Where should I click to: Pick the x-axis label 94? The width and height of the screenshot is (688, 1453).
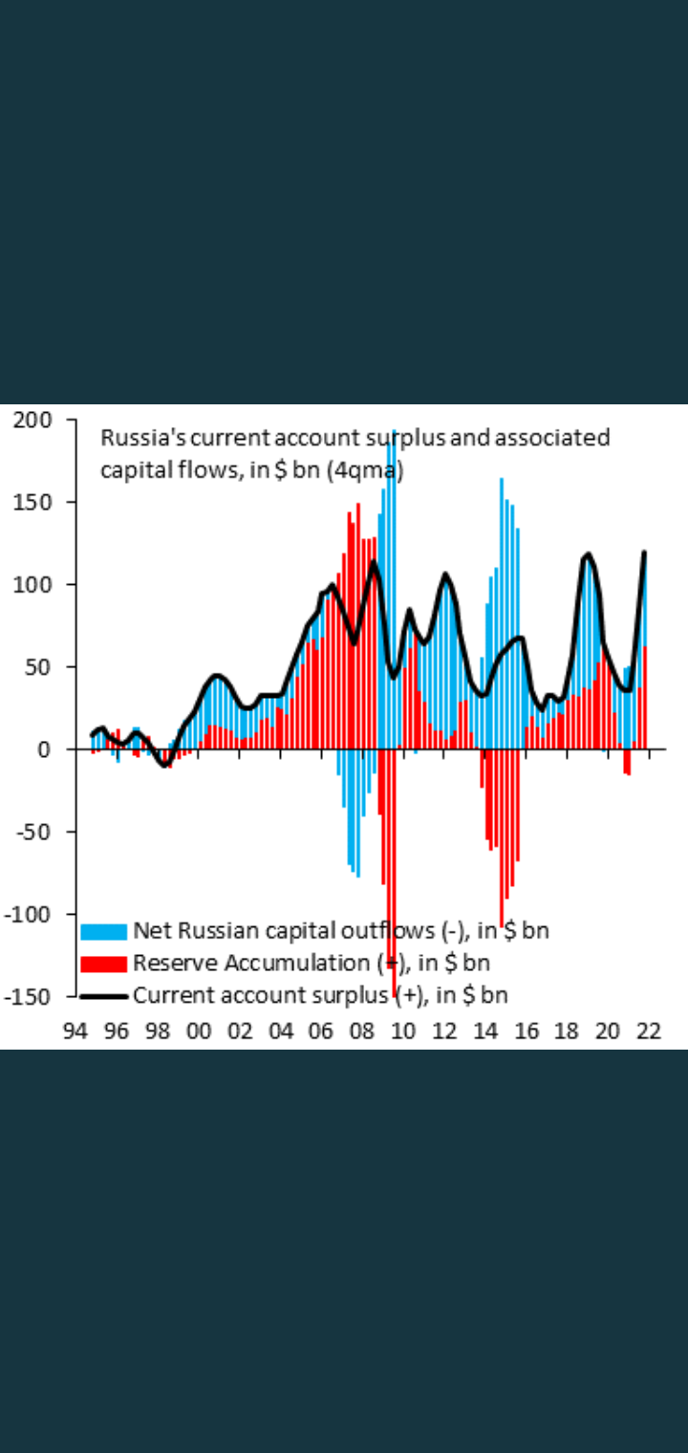pos(75,1031)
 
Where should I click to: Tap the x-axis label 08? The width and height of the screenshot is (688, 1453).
pos(362,1031)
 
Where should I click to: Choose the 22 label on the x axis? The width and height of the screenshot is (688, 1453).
pos(649,1031)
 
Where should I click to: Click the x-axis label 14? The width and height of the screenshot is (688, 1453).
pos(485,1031)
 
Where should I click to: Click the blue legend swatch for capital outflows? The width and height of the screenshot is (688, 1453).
pos(103,931)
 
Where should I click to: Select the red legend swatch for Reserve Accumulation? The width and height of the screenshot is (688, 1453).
pos(103,964)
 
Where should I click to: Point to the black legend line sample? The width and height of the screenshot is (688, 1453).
pos(103,996)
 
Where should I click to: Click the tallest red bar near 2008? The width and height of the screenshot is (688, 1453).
pos(358,621)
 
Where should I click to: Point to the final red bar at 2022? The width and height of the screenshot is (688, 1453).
pos(645,698)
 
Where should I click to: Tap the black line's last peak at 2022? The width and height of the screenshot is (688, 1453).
pos(645,553)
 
